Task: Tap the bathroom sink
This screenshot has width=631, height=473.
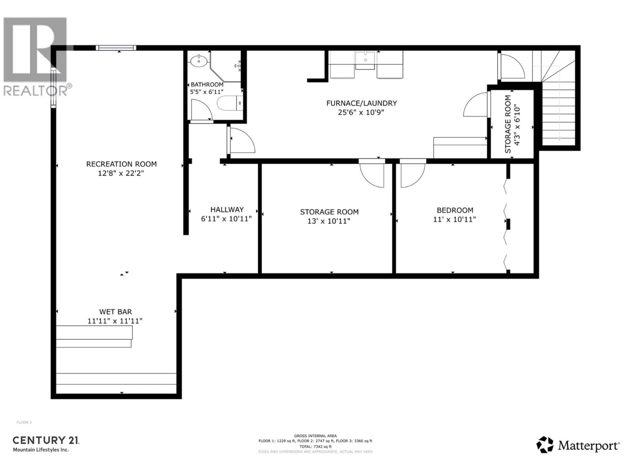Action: point(199,61)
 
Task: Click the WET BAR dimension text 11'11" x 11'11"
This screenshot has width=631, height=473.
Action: point(115,321)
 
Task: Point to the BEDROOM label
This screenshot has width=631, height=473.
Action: point(455,210)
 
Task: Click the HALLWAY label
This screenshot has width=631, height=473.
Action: point(227,210)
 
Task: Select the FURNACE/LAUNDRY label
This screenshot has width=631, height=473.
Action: point(361,103)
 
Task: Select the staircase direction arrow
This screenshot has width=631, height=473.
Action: point(559,139)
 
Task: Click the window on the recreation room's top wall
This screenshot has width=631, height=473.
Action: point(116,48)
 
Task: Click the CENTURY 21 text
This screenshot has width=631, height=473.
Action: point(46,440)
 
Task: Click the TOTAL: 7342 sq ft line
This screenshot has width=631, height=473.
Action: point(315,447)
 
